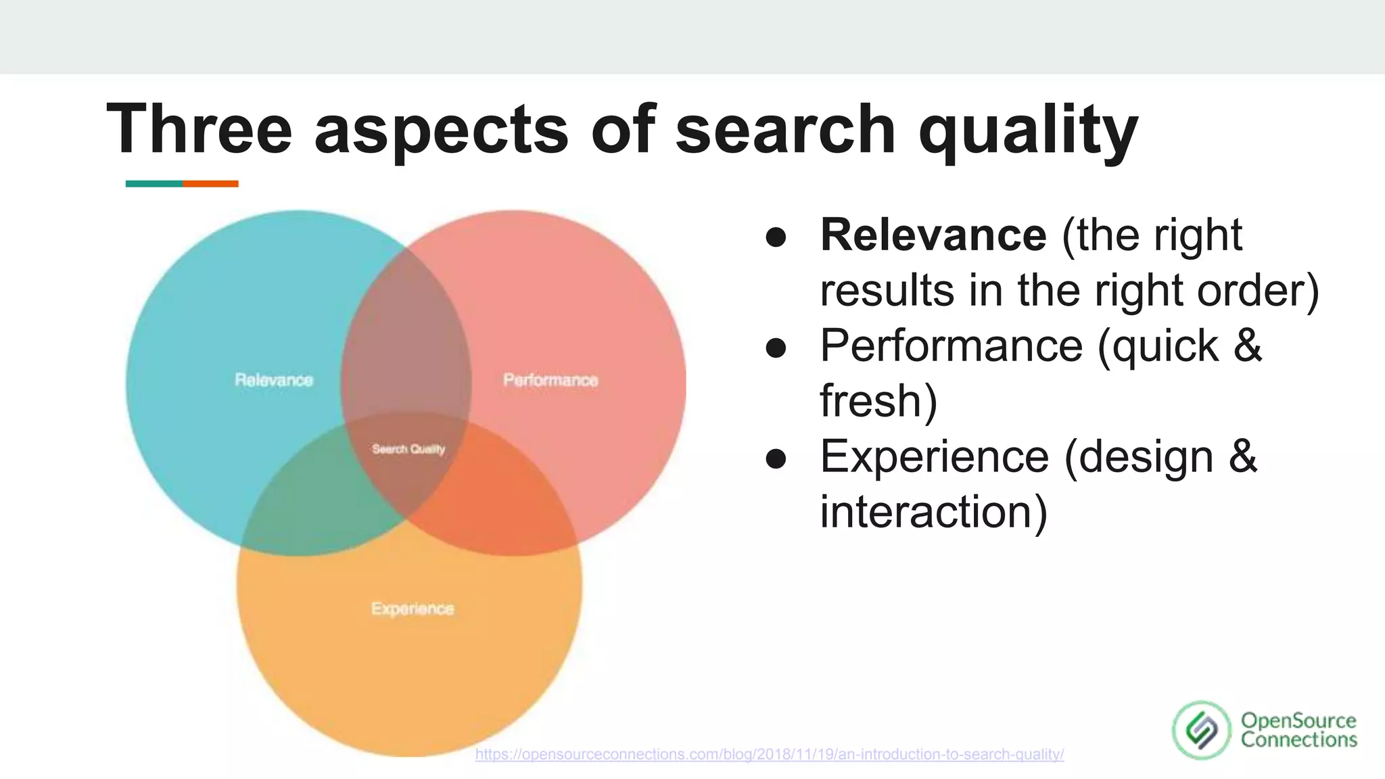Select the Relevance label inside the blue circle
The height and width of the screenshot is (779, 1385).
(274, 380)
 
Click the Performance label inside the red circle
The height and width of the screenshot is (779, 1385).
(550, 380)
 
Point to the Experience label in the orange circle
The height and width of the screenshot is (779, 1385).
(413, 609)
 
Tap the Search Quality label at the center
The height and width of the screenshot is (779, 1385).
(408, 449)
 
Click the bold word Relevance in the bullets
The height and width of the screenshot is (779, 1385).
(933, 235)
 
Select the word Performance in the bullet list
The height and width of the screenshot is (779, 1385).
(951, 346)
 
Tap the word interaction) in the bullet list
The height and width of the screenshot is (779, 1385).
(933, 512)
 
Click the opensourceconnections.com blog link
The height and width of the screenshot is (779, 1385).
(770, 754)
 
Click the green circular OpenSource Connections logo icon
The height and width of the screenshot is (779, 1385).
(1202, 730)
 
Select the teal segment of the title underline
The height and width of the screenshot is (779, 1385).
(154, 184)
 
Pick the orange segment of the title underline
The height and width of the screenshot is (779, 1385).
(210, 184)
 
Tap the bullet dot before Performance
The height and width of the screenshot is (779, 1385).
(776, 348)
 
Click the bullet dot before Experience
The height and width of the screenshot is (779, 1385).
(776, 459)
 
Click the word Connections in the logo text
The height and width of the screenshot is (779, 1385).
(1298, 740)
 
